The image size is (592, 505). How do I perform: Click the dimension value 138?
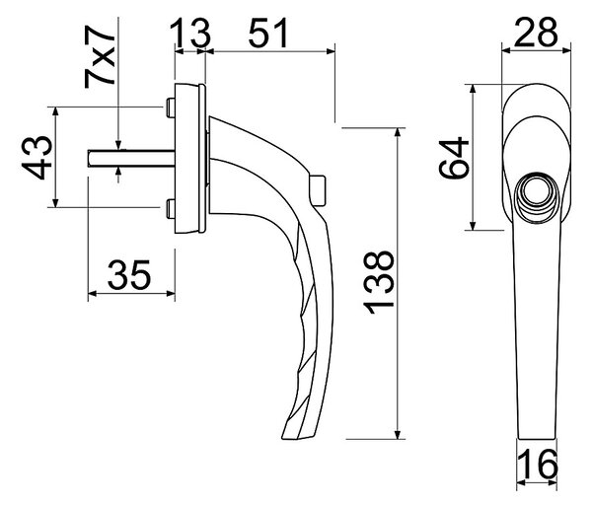click(x=379, y=283)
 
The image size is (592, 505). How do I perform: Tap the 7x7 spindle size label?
click(x=100, y=57)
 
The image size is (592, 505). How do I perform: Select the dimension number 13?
click(x=189, y=34)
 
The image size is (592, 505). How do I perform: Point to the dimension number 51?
click(x=268, y=33)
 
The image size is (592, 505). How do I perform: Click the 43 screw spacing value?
click(x=37, y=157)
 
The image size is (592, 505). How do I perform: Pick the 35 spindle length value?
click(x=129, y=275)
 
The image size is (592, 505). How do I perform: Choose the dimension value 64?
click(x=454, y=158)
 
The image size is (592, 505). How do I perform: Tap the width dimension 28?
click(x=536, y=32)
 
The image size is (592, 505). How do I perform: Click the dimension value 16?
click(x=538, y=465)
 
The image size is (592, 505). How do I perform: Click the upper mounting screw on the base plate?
click(x=171, y=108)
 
